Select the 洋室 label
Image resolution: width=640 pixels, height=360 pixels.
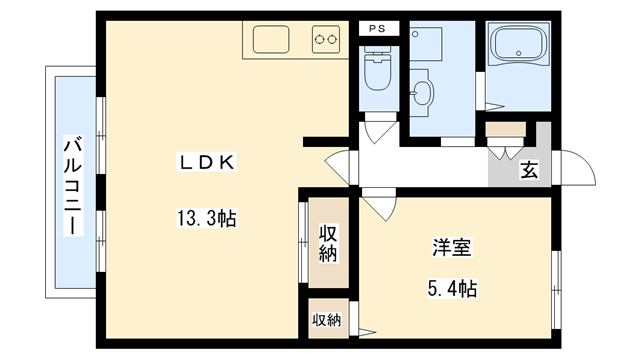pyautogui.click(x=453, y=246)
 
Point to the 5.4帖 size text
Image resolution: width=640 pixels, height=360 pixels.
pyautogui.click(x=453, y=289)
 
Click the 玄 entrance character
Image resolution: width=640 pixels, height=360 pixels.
pyautogui.click(x=527, y=169)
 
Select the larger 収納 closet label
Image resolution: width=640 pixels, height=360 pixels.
pyautogui.click(x=328, y=243)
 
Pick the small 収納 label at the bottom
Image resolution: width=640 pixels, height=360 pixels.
pyautogui.click(x=326, y=320)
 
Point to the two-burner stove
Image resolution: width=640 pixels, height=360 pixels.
pyautogui.click(x=326, y=40)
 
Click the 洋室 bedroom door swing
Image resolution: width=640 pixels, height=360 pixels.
pyautogui.click(x=378, y=207)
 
